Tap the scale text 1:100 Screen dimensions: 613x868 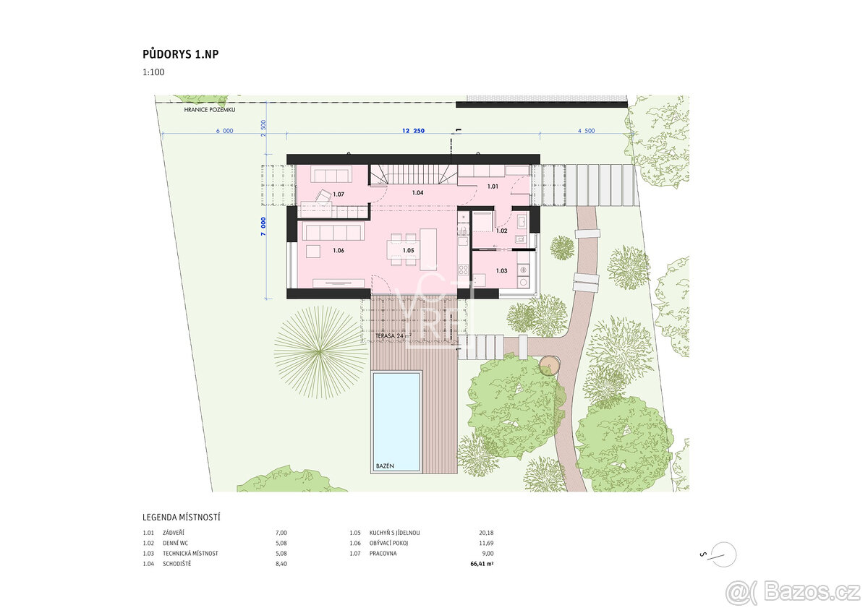pyautogui.click(x=153, y=73)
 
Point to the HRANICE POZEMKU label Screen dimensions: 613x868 pyautogui.click(x=209, y=110)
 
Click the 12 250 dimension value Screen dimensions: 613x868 pyautogui.click(x=412, y=131)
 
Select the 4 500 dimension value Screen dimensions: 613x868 pyautogui.click(x=585, y=131)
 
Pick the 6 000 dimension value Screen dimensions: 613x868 pyautogui.click(x=224, y=131)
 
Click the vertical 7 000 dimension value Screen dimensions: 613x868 pyautogui.click(x=263, y=224)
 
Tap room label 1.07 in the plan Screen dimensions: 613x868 pyautogui.click(x=339, y=194)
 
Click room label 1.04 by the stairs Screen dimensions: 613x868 pyautogui.click(x=417, y=193)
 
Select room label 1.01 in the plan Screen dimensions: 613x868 pyautogui.click(x=493, y=187)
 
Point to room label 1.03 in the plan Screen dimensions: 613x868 pyautogui.click(x=501, y=271)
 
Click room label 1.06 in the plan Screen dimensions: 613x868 pyautogui.click(x=338, y=251)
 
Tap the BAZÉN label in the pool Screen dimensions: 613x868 pyautogui.click(x=385, y=466)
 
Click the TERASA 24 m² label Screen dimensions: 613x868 pyautogui.click(x=393, y=336)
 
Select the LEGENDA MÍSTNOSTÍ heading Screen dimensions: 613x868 pyautogui.click(x=182, y=518)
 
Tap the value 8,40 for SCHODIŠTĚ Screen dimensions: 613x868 pyautogui.click(x=281, y=564)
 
